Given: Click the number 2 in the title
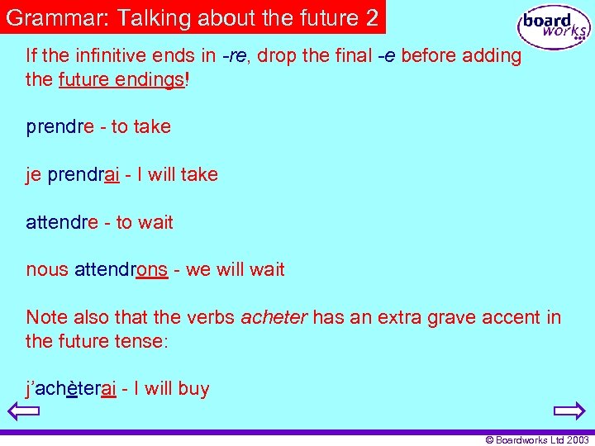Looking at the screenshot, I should pos(372,18).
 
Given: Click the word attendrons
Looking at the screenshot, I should pos(121,270).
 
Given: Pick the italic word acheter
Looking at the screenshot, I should pos(274,317).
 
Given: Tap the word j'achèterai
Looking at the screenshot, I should pos(71,389).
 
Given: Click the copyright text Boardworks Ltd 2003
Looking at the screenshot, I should pos(537,439).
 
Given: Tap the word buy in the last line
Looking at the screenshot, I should pos(193,389).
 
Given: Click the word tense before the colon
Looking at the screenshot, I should pos(143,341).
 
